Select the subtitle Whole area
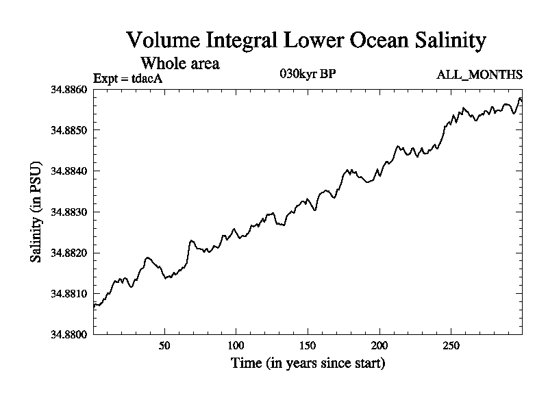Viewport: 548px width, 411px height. pos(179,63)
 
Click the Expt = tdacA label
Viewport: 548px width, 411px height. pos(127,78)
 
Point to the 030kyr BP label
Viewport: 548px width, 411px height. pos(308,74)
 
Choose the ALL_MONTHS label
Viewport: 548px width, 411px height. pos(480,75)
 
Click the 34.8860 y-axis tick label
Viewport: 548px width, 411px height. pos(69,89)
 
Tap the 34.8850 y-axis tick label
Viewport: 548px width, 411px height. pos(69,130)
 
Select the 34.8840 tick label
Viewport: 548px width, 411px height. pos(69,171)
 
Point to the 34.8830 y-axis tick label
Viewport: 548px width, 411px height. pos(69,212)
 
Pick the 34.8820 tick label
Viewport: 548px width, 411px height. pos(69,253)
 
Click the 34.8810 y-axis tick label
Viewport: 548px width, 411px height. pos(69,293)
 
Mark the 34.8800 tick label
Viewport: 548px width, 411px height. pos(69,334)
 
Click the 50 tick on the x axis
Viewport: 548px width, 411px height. pos(164,345)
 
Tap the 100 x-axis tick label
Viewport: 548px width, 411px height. pos(236,345)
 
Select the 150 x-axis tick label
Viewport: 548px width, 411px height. pos(308,345)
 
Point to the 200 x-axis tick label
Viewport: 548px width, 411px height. pos(379,345)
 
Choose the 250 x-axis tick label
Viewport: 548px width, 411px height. pos(451,345)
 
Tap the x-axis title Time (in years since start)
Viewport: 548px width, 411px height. pos(308,363)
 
